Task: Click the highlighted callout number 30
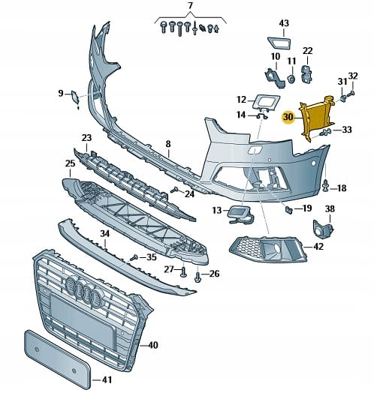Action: (288, 117)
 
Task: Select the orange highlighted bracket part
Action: (318, 117)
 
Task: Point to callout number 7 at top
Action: (191, 5)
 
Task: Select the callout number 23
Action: (86, 138)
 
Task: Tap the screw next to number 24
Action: (175, 190)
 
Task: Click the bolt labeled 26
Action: (198, 277)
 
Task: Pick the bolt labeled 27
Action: (183, 272)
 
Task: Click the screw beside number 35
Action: (134, 258)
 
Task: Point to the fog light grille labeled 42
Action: (268, 249)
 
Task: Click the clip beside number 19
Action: (289, 209)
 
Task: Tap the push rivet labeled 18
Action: (326, 185)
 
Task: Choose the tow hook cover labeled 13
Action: (240, 214)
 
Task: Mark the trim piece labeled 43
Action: (279, 42)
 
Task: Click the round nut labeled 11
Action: (291, 79)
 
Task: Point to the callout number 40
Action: (152, 345)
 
